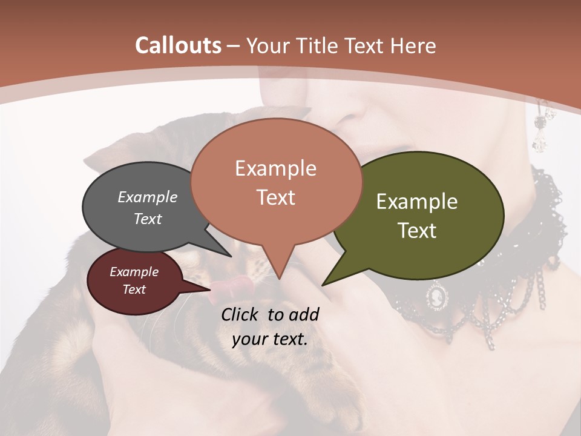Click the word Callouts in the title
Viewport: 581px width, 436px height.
pyautogui.click(x=178, y=45)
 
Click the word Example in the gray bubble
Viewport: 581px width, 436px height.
pyautogui.click(x=147, y=197)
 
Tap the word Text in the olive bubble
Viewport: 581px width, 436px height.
pyautogui.click(x=417, y=231)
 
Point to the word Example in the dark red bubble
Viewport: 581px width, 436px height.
pyautogui.click(x=134, y=272)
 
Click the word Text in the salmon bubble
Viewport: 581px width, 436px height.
pyautogui.click(x=276, y=197)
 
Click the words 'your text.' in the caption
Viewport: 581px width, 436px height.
pyautogui.click(x=270, y=339)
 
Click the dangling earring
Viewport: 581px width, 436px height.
pyautogui.click(x=540, y=130)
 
